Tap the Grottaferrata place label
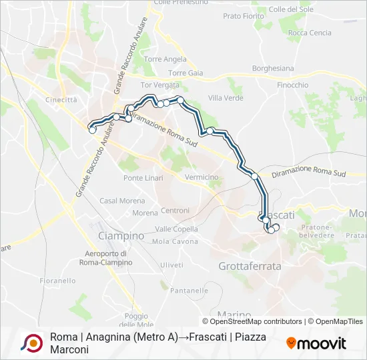(x=250, y=266)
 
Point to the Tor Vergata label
(x=160, y=85)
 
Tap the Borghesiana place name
(x=274, y=69)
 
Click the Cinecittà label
(x=61, y=100)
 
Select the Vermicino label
(x=202, y=177)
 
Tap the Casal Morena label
(x=117, y=201)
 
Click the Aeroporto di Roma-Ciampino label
(x=109, y=257)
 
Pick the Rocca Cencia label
(x=310, y=33)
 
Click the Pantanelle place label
(x=189, y=291)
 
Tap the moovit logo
(x=316, y=343)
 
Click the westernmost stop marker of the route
(x=92, y=131)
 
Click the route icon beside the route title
(x=30, y=343)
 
